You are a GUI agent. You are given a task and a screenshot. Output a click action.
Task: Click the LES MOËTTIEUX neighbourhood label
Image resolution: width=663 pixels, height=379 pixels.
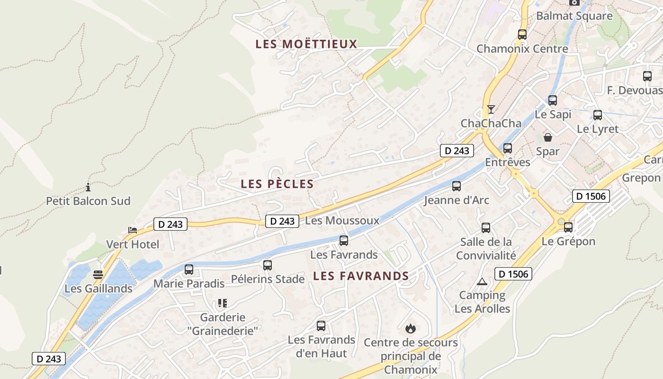click(306, 44)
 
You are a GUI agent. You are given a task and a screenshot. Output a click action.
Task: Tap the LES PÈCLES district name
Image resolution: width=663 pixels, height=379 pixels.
click(277, 184)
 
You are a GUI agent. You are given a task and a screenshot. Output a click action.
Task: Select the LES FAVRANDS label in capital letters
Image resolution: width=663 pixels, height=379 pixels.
click(361, 276)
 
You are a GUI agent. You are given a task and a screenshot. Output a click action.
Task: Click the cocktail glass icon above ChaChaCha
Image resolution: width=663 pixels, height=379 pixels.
click(491, 109)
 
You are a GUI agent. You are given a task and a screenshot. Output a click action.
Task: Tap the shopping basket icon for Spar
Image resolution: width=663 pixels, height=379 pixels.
click(548, 137)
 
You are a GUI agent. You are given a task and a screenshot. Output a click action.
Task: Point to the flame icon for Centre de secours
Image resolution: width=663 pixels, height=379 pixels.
click(410, 328)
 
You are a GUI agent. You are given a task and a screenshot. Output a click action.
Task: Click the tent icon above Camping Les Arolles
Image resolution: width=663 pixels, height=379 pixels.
click(482, 281)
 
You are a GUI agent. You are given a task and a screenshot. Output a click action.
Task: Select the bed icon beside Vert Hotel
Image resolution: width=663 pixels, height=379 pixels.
click(133, 230)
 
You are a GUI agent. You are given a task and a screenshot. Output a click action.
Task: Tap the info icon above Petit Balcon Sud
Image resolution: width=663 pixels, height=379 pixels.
click(88, 187)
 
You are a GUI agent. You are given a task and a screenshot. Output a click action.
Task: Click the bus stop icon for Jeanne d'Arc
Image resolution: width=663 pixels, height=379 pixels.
click(457, 186)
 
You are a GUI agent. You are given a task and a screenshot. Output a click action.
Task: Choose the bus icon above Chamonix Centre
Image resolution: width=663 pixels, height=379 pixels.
click(522, 34)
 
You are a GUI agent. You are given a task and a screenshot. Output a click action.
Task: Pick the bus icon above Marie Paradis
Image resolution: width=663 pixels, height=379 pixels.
click(189, 270)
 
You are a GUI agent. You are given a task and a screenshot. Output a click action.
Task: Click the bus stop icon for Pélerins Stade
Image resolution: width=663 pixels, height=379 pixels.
click(268, 265)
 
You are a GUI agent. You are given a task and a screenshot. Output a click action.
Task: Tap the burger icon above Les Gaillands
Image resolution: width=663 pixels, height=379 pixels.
click(98, 274)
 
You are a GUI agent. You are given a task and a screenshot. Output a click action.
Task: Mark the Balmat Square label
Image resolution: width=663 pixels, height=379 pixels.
click(574, 16)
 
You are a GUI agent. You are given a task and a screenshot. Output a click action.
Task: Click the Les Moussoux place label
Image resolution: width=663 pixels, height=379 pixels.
click(342, 220)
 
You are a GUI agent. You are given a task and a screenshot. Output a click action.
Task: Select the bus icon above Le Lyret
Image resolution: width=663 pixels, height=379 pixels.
click(598, 115)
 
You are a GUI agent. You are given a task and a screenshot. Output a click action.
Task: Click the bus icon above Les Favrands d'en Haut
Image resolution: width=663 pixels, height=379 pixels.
click(321, 325)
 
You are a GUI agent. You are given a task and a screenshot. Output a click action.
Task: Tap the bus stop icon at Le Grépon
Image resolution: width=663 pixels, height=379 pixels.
click(568, 227)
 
